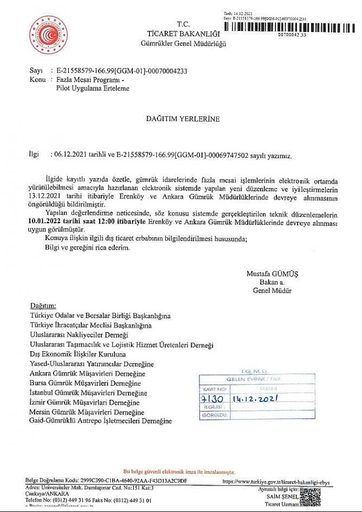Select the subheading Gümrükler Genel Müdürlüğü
click(x=183, y=43)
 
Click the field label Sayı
click(x=36, y=71)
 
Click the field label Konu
click(x=37, y=79)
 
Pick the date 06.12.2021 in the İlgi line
click(x=71, y=155)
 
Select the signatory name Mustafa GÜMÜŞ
click(x=272, y=274)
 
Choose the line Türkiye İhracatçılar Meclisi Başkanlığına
click(x=90, y=325)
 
